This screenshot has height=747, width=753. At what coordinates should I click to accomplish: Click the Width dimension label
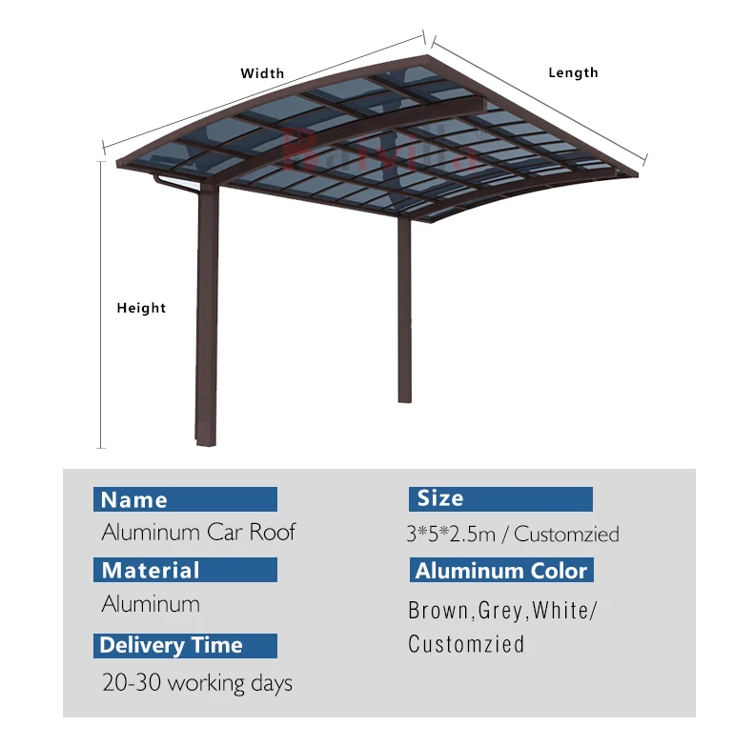[262, 73]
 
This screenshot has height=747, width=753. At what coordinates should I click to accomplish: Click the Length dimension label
[573, 72]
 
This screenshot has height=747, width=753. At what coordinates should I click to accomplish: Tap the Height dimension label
[141, 308]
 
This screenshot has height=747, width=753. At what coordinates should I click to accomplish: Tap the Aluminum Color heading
[501, 571]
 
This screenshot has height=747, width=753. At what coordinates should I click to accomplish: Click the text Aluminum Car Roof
[198, 532]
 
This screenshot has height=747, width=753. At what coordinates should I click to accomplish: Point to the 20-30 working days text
[196, 682]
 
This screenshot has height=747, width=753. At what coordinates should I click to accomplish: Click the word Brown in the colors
[438, 611]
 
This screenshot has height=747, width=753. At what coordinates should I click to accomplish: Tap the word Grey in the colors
[500, 611]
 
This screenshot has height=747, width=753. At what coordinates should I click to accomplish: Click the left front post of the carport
[207, 314]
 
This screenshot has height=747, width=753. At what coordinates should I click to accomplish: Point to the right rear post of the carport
[404, 305]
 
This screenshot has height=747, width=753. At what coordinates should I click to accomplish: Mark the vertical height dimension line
[101, 305]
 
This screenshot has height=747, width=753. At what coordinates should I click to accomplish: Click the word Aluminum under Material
[151, 604]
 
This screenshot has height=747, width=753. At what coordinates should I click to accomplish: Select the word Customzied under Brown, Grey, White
[466, 644]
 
